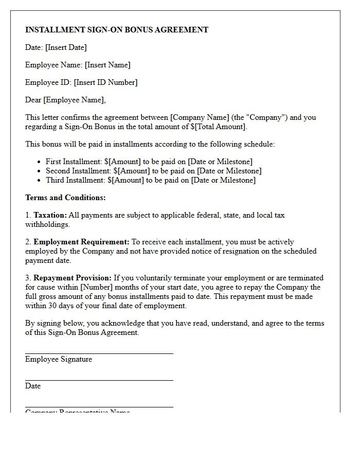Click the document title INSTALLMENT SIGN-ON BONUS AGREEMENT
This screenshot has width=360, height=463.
click(117, 30)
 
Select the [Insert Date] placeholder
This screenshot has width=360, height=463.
click(66, 47)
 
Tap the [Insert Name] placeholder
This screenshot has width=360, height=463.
click(107, 65)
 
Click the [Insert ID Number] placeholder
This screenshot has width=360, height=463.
click(105, 82)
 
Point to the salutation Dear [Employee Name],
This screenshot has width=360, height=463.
click(65, 100)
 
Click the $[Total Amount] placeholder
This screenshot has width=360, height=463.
click(220, 127)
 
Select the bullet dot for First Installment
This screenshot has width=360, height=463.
click(39, 162)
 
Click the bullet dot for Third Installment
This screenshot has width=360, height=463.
click(39, 181)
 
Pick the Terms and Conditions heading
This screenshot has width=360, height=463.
click(65, 198)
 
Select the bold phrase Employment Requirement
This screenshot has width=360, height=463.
click(81, 242)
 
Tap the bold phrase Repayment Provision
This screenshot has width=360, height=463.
click(73, 278)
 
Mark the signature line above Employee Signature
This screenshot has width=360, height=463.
click(99, 353)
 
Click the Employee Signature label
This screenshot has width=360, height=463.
click(59, 359)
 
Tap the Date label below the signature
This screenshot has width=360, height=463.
click(33, 386)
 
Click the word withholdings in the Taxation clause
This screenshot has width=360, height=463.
click(47, 224)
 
